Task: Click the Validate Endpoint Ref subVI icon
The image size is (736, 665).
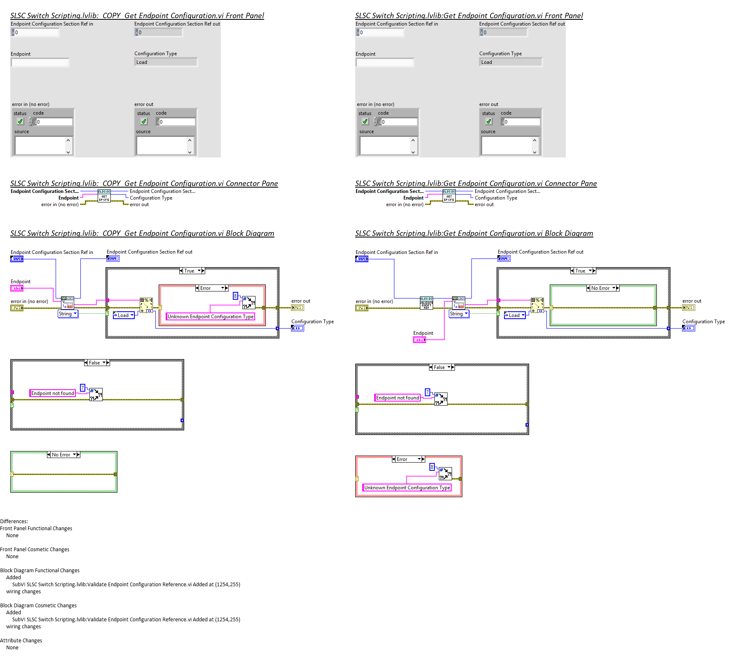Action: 426,303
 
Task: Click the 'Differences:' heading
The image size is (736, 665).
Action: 14,522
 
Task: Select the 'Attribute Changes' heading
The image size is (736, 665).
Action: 21,641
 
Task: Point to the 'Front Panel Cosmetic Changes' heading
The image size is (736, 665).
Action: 35,550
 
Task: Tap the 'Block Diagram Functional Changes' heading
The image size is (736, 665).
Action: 40,571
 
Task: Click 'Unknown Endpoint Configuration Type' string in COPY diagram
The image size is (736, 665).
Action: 211,317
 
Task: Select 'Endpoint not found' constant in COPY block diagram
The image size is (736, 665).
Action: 52,393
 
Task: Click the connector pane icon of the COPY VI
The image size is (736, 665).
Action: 104,196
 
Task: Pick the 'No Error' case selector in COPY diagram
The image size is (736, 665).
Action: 63,455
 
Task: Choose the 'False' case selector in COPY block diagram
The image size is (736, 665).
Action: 97,363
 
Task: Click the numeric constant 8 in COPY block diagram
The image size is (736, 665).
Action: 235,296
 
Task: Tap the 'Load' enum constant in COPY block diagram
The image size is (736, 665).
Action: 124,315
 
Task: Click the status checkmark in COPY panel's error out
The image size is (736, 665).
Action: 144,122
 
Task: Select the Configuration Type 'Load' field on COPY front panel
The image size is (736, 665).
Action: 166,62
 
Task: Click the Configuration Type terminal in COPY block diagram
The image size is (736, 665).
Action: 298,328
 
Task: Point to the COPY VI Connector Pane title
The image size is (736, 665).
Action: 144,183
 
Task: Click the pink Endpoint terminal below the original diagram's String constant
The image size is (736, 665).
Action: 420,340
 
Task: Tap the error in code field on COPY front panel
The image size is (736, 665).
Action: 54,122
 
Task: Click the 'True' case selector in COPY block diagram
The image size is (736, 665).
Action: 192,271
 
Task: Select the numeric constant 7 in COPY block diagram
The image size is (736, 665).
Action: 82,388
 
